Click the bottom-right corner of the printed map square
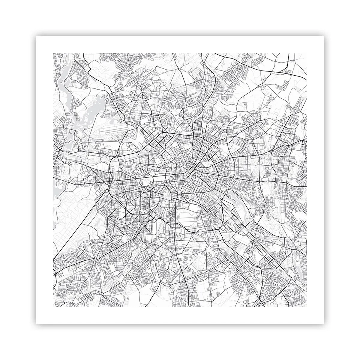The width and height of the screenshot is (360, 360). (307, 307)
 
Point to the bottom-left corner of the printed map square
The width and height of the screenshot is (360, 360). (53, 307)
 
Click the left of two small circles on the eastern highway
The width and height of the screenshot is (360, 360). (267, 182)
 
